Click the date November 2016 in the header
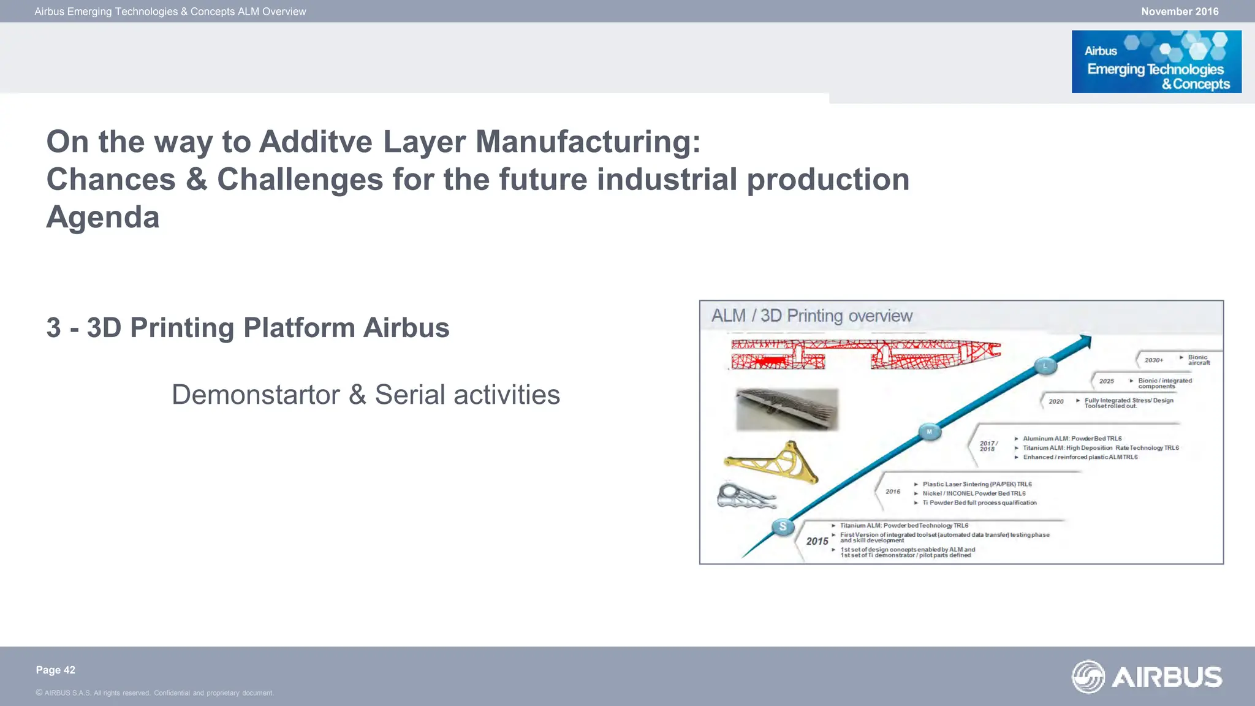(x=1179, y=12)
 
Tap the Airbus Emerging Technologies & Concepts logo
(x=1156, y=62)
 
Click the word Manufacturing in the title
(x=587, y=142)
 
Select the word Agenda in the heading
(x=103, y=218)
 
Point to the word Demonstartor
(x=255, y=395)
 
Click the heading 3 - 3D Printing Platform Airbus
(x=248, y=328)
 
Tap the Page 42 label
(x=55, y=670)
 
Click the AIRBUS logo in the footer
(x=1147, y=677)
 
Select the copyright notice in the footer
(x=154, y=693)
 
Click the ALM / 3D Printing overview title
(x=811, y=316)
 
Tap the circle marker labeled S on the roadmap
(x=783, y=526)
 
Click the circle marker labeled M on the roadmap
(x=929, y=432)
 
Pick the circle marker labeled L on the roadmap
(x=1045, y=366)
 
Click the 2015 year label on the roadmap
(x=817, y=541)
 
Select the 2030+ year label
(x=1153, y=360)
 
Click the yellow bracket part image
(x=773, y=463)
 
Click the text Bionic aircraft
(x=1198, y=360)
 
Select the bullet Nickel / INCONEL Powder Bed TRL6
(x=973, y=493)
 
